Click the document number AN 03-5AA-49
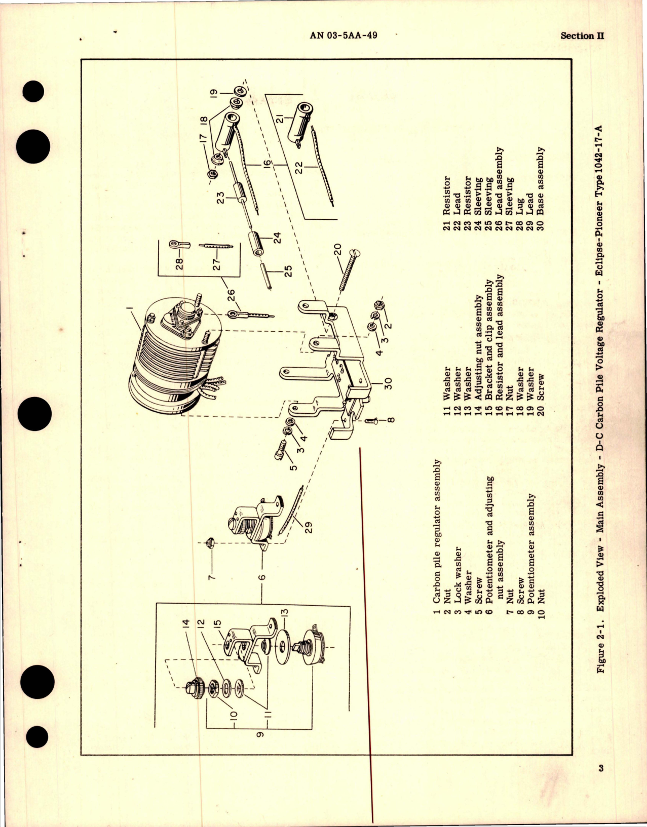[x=343, y=35]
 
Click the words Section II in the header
[x=583, y=36]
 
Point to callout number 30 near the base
[x=389, y=384]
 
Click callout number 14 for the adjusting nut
[x=185, y=623]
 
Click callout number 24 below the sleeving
[x=277, y=237]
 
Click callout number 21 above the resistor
[x=280, y=120]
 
